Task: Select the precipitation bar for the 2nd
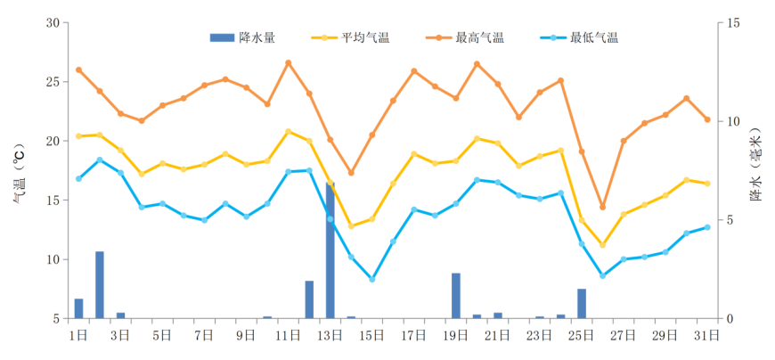(x=100, y=285)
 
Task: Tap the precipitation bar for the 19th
(x=456, y=296)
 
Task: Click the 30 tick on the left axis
(x=53, y=22)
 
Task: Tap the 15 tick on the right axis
(x=732, y=22)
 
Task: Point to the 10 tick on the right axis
(x=732, y=121)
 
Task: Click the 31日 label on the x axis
(x=707, y=336)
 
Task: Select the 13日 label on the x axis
(x=330, y=336)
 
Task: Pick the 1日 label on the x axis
(x=78, y=336)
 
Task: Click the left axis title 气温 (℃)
(x=19, y=171)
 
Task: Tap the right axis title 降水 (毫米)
(x=755, y=169)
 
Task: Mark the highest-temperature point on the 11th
(x=288, y=62)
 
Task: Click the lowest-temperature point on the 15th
(x=372, y=279)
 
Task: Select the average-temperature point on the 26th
(x=602, y=245)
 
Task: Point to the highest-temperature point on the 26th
(x=602, y=207)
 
